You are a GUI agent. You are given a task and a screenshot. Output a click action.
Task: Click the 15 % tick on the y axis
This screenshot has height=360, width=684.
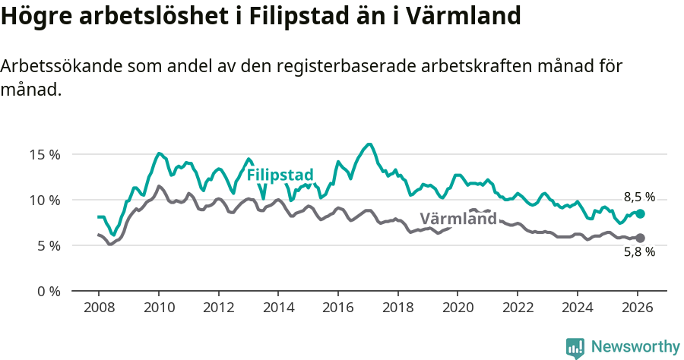pyautogui.click(x=44, y=154)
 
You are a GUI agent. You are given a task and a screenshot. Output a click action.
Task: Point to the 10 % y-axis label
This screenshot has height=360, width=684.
pyautogui.click(x=44, y=200)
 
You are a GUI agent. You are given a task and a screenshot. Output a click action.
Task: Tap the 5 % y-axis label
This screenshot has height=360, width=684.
pyautogui.click(x=47, y=245)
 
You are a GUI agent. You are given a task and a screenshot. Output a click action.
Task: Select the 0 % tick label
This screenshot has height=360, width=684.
pyautogui.click(x=47, y=291)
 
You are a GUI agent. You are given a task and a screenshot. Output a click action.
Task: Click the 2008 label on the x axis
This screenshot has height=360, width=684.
pyautogui.click(x=99, y=308)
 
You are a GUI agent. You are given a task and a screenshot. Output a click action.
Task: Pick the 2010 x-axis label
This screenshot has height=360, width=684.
pyautogui.click(x=159, y=308)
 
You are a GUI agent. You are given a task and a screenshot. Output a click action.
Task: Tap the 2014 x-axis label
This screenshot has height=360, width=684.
pyautogui.click(x=278, y=308)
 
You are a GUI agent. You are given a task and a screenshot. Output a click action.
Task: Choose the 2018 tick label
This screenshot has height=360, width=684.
pyautogui.click(x=397, y=308)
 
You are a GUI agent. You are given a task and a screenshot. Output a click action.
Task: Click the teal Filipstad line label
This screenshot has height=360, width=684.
pyautogui.click(x=280, y=175)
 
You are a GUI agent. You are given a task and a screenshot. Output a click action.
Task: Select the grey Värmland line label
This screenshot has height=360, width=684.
pyautogui.click(x=458, y=219)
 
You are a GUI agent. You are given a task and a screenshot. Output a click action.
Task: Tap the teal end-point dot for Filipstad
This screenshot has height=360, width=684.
pyautogui.click(x=640, y=214)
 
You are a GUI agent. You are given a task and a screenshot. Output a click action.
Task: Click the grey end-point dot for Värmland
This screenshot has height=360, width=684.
pyautogui.click(x=640, y=238)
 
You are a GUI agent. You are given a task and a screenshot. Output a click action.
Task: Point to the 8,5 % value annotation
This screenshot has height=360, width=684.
pyautogui.click(x=639, y=197)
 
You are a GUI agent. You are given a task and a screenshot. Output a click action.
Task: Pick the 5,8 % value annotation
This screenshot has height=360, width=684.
pyautogui.click(x=639, y=253)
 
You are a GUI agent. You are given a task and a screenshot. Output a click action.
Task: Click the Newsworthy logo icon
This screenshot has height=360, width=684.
pyautogui.click(x=575, y=347)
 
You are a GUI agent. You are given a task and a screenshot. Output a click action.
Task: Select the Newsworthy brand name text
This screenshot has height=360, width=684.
pyautogui.click(x=635, y=347)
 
